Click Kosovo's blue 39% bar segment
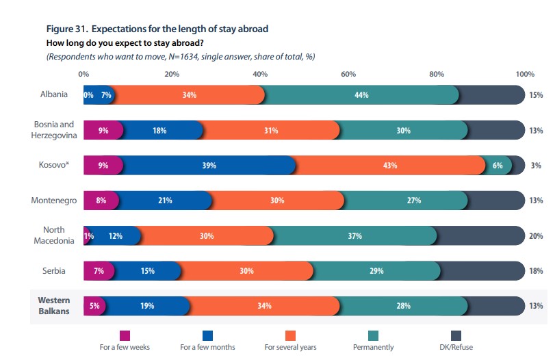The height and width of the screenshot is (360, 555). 209,166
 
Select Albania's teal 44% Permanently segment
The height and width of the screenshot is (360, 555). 361,94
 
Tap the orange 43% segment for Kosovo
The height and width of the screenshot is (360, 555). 390,166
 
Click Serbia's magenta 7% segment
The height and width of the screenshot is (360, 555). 99,271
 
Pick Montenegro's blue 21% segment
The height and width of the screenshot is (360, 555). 164,201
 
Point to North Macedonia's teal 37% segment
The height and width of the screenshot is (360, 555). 354,236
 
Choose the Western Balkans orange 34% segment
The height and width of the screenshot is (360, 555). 264,307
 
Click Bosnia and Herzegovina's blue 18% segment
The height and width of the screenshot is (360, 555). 160,130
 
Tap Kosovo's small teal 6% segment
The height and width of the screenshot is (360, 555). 498,166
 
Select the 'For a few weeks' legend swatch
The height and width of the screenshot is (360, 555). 125,335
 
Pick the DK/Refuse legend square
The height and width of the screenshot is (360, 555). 456,335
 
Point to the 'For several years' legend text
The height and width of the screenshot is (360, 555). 290,348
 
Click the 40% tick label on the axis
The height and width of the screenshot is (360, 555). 260,74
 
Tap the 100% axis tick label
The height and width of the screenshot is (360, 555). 524,74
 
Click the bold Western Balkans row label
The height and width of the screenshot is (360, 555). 54,306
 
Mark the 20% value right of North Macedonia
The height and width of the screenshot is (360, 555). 536,236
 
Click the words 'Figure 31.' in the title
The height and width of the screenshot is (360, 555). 66,29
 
